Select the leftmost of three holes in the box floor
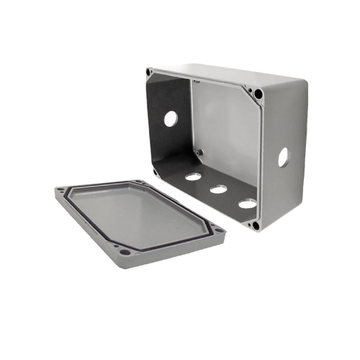192,175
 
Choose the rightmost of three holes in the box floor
246,204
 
